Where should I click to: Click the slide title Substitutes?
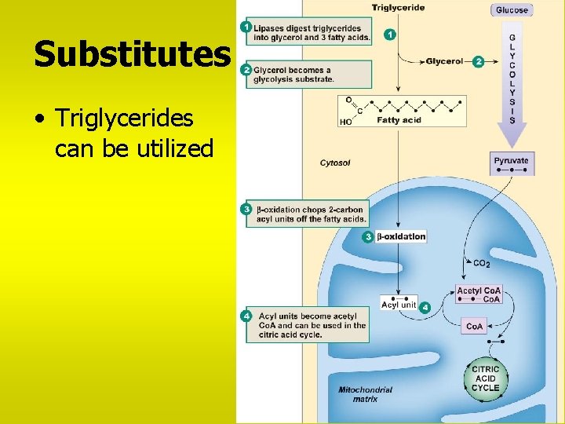point(132,55)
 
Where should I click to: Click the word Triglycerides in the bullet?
point(125,119)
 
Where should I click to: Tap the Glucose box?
point(512,10)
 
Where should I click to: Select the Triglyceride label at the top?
point(399,8)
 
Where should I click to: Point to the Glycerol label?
point(444,61)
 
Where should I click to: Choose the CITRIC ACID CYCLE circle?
point(485,378)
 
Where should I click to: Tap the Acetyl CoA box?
point(479,294)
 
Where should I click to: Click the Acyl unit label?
point(399,305)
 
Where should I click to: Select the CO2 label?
point(482,262)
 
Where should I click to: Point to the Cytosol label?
point(336,163)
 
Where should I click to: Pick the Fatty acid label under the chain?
point(399,120)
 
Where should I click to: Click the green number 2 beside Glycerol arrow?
point(479,60)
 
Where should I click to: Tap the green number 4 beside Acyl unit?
point(425,307)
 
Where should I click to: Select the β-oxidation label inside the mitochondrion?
point(401,236)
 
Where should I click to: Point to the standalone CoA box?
point(475,326)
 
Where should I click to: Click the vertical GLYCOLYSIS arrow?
point(512,82)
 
